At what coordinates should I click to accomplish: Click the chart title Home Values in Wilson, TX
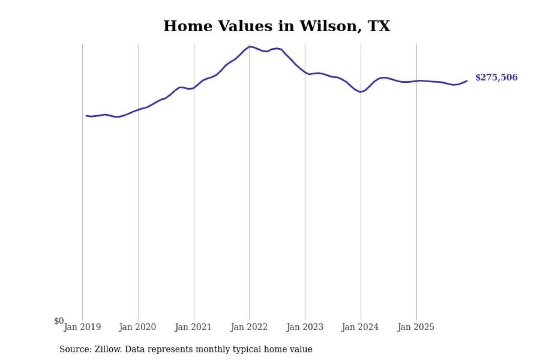coord(276,26)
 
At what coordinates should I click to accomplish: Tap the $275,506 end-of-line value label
coord(496,78)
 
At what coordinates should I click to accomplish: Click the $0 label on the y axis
coord(59,321)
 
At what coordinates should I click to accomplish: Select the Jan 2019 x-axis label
coord(82,327)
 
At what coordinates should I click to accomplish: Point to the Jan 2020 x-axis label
coord(138,327)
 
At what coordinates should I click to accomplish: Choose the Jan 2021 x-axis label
coord(194,327)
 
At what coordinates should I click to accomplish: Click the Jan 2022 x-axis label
coord(249,327)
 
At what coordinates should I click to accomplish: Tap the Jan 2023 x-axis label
coord(305,327)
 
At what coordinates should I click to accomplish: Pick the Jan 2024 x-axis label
coord(361,327)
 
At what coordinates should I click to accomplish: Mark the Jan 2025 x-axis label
coord(416,327)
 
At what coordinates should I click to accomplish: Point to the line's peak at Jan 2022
coord(249,46)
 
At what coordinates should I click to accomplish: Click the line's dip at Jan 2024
coord(361,92)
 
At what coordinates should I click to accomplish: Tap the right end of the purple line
coord(467,81)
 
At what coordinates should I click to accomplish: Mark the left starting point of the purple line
coord(86,116)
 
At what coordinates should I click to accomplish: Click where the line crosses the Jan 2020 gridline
coord(138,110)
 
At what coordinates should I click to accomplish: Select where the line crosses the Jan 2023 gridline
coord(305,73)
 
